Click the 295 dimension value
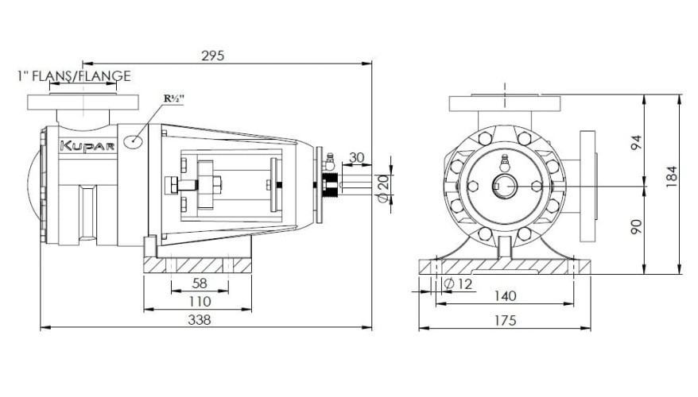coord(212,56)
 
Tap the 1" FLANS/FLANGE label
coord(73,76)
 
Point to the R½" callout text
coord(174,98)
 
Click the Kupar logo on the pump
coord(87,146)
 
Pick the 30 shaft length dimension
coord(357,157)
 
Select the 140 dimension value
coord(505,296)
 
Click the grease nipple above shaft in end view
coord(504,162)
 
